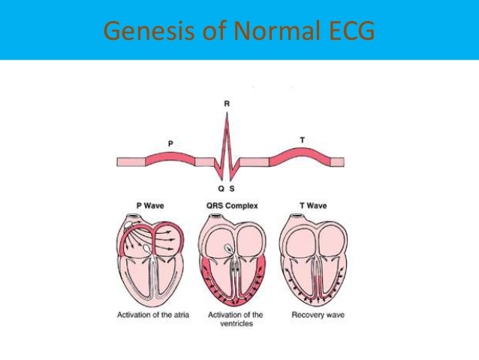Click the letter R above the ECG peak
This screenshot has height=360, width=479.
227,103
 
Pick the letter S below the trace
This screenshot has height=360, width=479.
233,189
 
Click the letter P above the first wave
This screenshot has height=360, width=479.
170,142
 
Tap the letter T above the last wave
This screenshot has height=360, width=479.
302,140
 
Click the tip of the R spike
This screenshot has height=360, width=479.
227,113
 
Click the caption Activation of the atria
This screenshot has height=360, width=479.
150,314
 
